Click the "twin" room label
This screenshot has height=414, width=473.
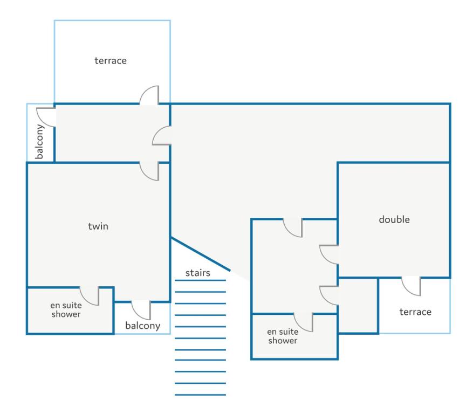[98, 226]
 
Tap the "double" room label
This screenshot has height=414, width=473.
[394, 219]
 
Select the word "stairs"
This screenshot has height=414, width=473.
[198, 273]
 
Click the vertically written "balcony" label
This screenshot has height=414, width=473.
[40, 142]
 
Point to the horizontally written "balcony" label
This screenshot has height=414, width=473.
[143, 326]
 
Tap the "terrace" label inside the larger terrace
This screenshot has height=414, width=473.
[111, 60]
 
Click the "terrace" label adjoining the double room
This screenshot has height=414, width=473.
[415, 312]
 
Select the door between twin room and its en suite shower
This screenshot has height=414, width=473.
[90, 295]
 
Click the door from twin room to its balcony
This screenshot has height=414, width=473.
[141, 309]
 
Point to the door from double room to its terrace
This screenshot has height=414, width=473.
[412, 286]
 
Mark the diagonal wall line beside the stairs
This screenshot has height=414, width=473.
[200, 254]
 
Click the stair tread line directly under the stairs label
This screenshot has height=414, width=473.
[201, 280]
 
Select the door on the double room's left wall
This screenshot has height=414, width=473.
[330, 254]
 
